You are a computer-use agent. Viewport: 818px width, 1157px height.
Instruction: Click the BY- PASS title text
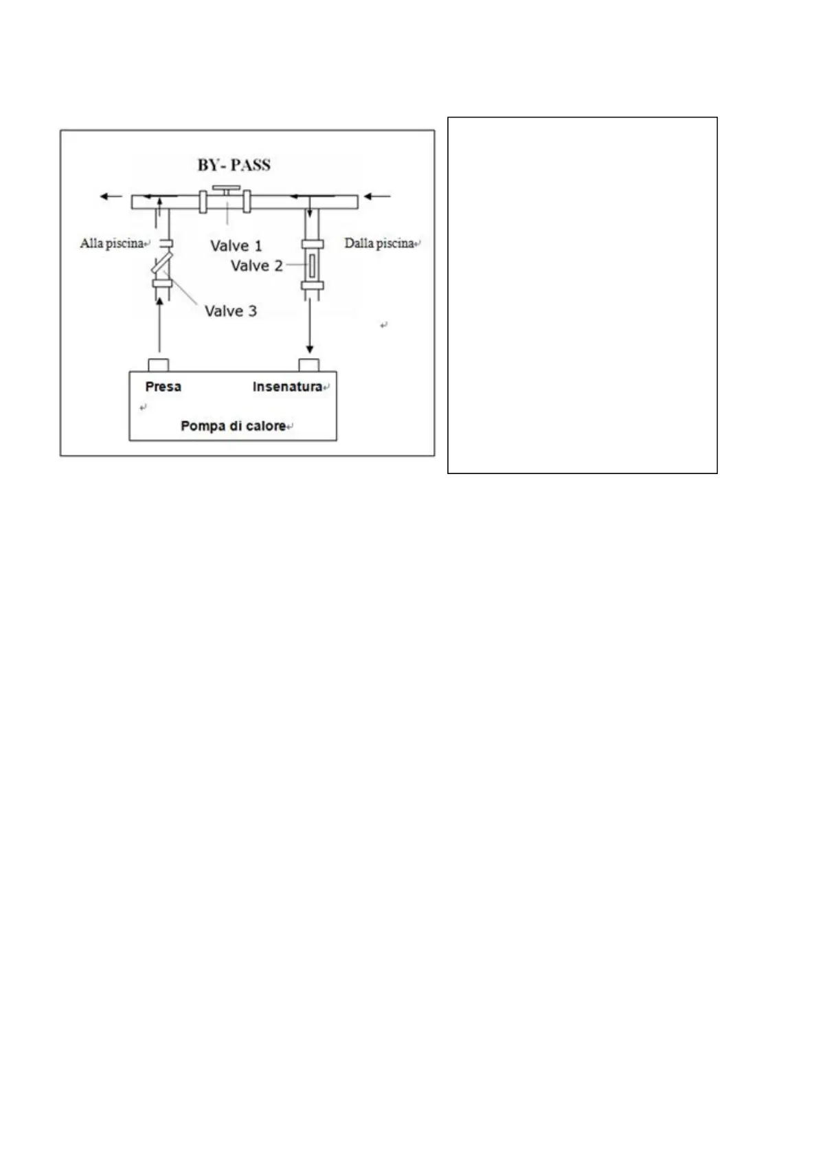click(234, 165)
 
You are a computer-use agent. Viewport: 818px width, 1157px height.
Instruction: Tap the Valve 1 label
click(236, 246)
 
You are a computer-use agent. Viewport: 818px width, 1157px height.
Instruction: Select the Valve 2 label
click(256, 266)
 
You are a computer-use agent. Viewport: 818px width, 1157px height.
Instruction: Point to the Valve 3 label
click(231, 311)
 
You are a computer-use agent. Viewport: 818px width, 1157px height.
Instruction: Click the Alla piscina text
click(111, 243)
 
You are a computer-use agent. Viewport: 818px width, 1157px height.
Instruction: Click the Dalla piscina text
click(379, 243)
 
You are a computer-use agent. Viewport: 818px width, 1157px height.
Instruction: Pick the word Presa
click(163, 387)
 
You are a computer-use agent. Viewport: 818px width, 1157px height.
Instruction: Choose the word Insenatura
click(287, 387)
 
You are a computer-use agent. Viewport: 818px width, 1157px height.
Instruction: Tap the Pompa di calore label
click(233, 426)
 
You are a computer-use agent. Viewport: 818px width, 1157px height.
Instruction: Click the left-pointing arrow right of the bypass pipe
click(377, 196)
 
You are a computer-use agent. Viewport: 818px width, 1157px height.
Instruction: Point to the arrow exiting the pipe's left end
click(111, 196)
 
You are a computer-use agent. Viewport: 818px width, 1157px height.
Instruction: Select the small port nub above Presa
click(158, 364)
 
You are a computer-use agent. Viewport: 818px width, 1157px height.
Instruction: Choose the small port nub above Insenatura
click(308, 364)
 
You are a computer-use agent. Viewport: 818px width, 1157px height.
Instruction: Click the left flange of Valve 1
click(203, 201)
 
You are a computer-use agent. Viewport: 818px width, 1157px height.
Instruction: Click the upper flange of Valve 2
click(313, 244)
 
